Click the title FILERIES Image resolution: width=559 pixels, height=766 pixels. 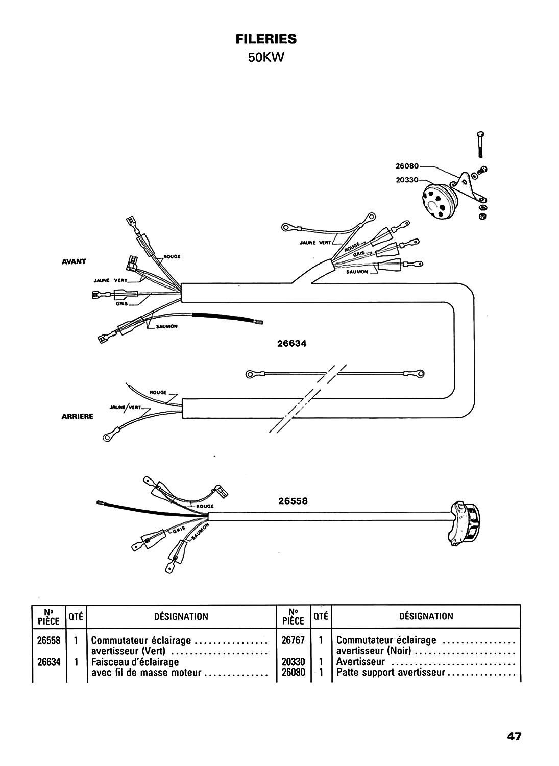coord(266,39)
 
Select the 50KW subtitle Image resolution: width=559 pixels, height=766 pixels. coord(265,57)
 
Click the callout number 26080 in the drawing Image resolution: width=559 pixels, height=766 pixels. coord(407,165)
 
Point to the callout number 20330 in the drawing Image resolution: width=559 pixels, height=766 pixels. coord(407,180)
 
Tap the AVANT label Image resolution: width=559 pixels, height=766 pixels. coord(74,261)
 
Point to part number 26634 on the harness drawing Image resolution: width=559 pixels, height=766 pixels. coord(291,344)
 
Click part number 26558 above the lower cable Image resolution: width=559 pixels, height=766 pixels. coord(293,501)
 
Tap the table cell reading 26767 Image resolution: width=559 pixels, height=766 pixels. coord(293,640)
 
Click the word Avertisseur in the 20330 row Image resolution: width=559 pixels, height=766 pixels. coord(360,662)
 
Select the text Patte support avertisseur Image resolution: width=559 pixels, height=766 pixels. coord(391,673)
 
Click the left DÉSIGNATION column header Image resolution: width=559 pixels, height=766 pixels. coord(181,616)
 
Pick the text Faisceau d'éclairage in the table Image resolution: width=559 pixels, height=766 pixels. coord(135,662)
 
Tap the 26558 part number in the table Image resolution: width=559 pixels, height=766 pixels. coord(48,640)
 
